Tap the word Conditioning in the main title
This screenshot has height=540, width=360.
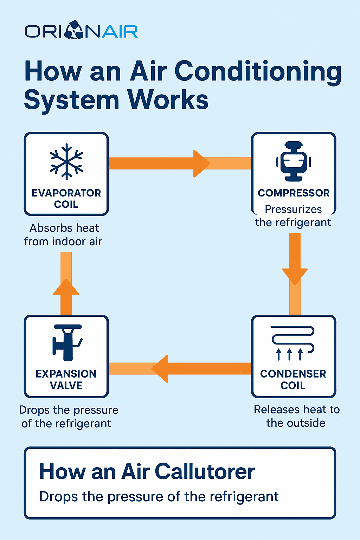[x=258, y=72]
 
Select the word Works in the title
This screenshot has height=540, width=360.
[x=168, y=100]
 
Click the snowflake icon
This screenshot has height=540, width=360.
[x=66, y=161]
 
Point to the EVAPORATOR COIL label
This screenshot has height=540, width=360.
[x=66, y=199]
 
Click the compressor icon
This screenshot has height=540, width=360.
[x=294, y=161]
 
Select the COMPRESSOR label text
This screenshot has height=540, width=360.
[x=294, y=193]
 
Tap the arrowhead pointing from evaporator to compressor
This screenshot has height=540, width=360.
[x=201, y=163]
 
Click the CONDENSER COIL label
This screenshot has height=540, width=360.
[x=293, y=379]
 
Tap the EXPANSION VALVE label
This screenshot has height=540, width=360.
[x=66, y=379]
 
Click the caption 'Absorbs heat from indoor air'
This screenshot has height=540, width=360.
[x=63, y=235]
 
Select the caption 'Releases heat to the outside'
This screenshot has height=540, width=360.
[x=296, y=416]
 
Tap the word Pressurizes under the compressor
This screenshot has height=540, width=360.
[x=293, y=210]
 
